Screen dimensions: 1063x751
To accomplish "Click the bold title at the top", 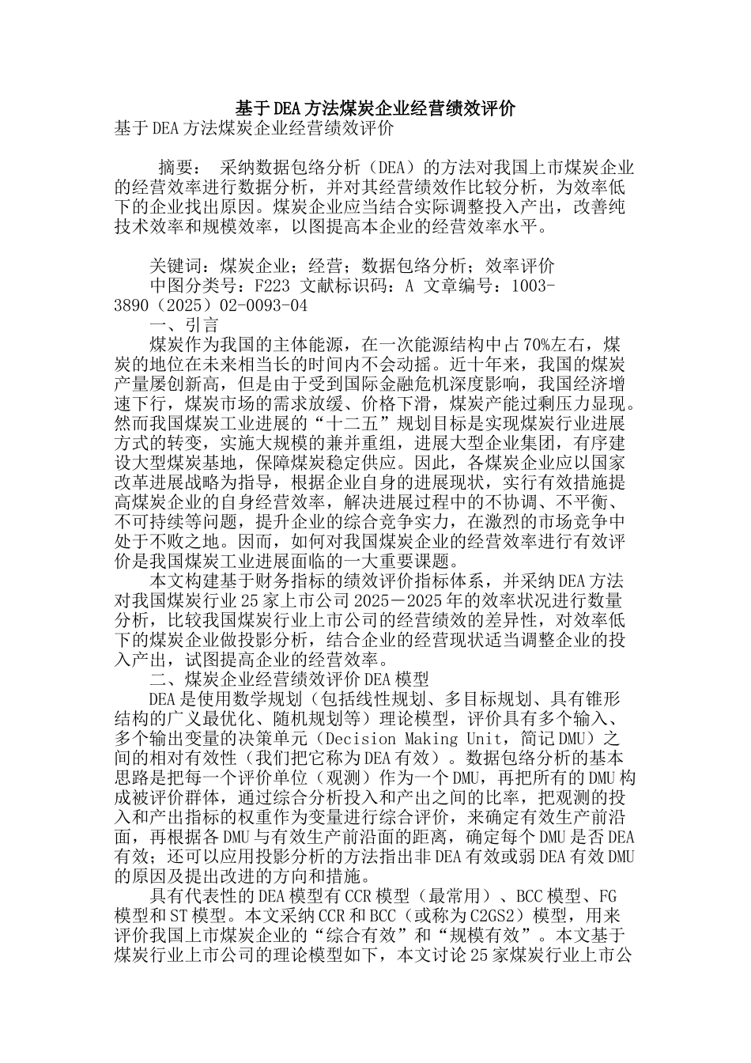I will (x=375, y=108).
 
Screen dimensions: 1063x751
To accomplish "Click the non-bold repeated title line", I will (x=254, y=128).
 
